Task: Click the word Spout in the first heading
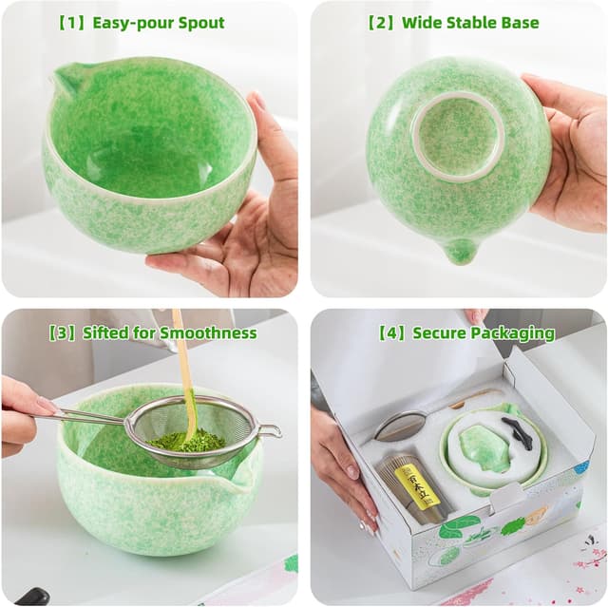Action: [199, 22]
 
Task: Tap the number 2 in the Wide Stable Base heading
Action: [383, 22]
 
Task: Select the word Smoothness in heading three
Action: [208, 332]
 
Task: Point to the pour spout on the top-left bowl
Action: [64, 84]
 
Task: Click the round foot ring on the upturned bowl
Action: [459, 136]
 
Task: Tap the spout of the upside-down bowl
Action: [460, 251]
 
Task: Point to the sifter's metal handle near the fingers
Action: [85, 415]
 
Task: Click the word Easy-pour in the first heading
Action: [132, 22]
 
